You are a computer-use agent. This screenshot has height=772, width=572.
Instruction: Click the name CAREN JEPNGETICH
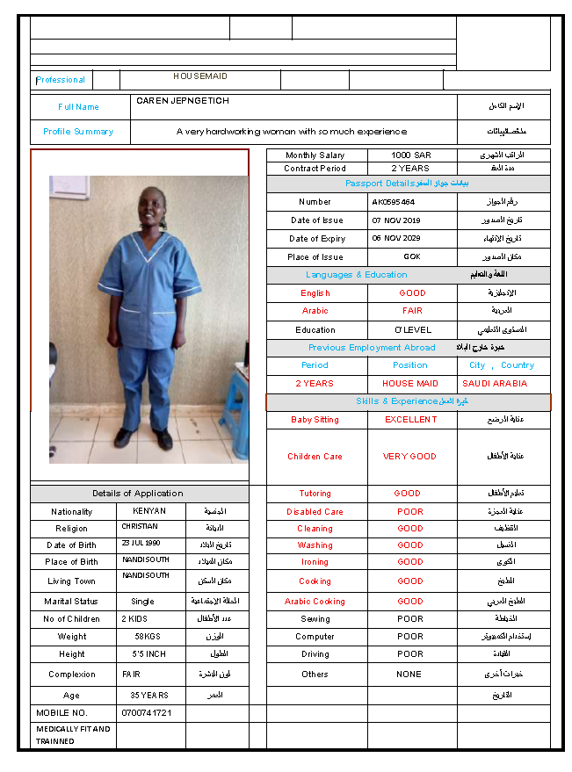[183, 101]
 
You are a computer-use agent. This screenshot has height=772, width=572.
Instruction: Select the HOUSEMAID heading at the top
[199, 76]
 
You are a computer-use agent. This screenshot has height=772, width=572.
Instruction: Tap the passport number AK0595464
[393, 202]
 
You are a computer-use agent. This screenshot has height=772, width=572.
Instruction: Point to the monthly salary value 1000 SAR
[411, 155]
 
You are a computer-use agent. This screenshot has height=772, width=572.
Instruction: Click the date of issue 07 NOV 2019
[396, 220]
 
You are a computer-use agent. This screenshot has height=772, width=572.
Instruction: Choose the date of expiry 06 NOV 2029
[396, 239]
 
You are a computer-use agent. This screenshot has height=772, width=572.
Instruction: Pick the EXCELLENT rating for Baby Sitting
[410, 420]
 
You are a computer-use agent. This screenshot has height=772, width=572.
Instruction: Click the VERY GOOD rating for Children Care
[409, 457]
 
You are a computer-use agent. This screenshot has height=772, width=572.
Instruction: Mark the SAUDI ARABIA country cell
[495, 384]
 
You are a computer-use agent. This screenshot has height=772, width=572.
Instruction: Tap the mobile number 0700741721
[147, 712]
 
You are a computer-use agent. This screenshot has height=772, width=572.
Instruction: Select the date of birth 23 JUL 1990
[141, 543]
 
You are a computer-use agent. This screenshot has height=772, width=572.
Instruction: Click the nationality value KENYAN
[149, 511]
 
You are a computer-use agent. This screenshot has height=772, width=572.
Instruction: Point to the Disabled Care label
[315, 512]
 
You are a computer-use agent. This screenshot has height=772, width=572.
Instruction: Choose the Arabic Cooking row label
[315, 602]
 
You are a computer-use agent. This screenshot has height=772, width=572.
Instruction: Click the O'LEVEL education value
[412, 330]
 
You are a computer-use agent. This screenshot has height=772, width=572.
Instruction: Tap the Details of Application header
[138, 494]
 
